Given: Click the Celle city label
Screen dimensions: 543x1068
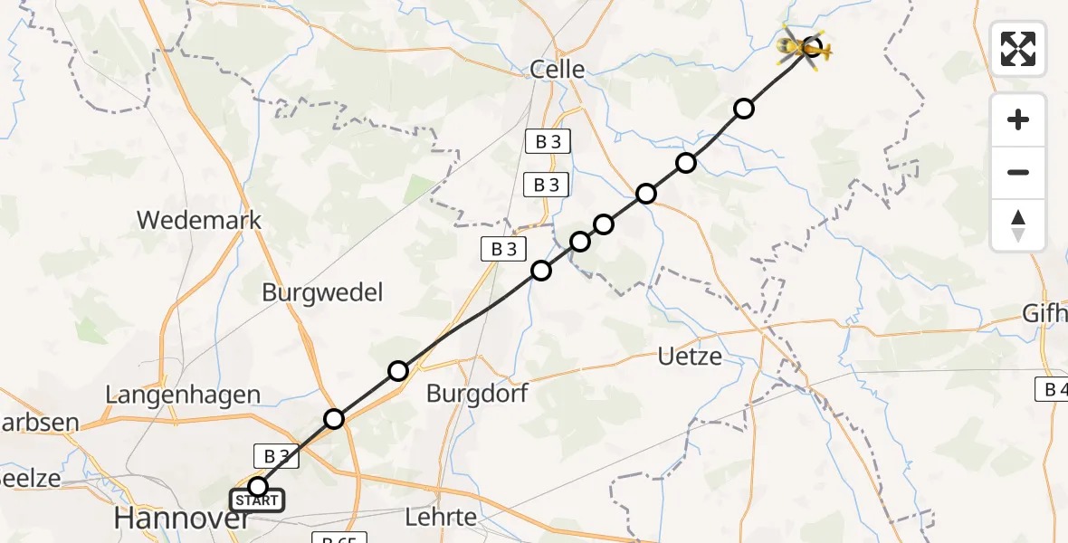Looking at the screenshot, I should (x=557, y=69).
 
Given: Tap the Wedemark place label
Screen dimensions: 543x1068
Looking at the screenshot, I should (x=199, y=219).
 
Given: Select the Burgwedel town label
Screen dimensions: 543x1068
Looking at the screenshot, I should (x=322, y=292).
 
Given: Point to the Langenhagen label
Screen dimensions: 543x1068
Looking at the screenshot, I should (x=183, y=395).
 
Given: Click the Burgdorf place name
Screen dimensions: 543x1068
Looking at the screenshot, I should (x=477, y=394).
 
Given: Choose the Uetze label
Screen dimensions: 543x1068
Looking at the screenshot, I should (x=690, y=356).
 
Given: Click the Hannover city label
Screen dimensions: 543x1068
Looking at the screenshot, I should (x=182, y=519).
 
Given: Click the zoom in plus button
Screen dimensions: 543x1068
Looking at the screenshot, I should (x=1018, y=119).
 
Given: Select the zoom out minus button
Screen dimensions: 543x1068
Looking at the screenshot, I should (x=1018, y=172).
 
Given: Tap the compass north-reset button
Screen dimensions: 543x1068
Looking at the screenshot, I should (x=1018, y=225).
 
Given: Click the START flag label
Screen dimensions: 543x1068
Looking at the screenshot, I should (x=257, y=500).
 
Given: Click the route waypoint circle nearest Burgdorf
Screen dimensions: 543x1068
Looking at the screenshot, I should (x=398, y=370).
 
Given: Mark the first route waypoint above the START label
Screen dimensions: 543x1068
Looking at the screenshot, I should (x=258, y=487).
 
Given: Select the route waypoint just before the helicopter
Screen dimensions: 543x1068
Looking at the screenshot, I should (x=743, y=109).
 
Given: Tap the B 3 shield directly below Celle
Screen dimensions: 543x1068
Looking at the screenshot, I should (x=547, y=142).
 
